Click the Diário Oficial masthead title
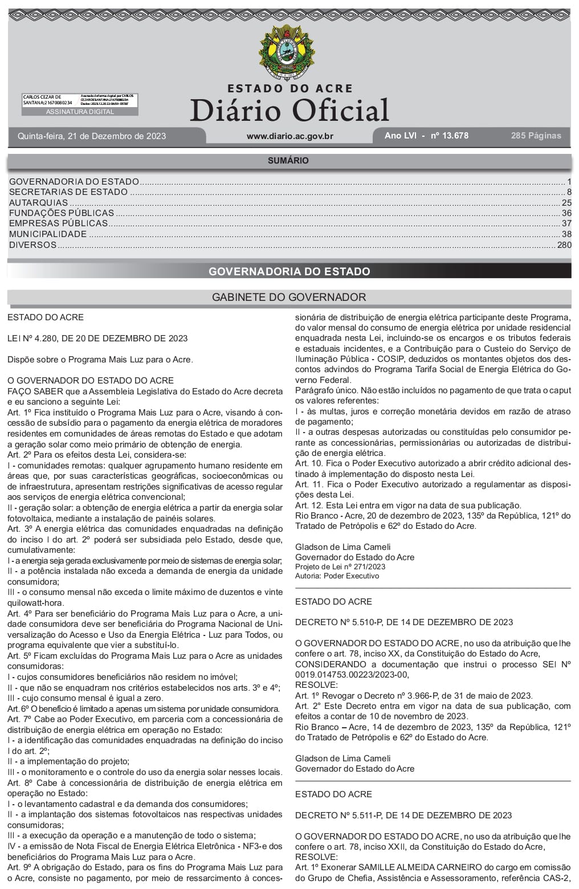click(289, 110)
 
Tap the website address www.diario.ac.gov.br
click(289, 136)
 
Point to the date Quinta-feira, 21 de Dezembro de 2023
click(92, 136)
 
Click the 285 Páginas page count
click(536, 136)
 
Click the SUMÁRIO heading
click(288, 161)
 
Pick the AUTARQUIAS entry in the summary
click(39, 203)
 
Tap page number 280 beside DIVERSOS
click(564, 245)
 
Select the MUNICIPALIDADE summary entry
click(48, 234)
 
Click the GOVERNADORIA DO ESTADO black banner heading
click(289, 271)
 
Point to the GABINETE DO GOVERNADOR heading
click(289, 297)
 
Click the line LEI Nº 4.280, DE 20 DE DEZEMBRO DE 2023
click(97, 339)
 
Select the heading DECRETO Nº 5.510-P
click(403, 622)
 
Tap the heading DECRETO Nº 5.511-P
click(403, 815)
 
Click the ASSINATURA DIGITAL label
click(80, 112)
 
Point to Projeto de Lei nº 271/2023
click(340, 567)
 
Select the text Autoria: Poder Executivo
click(337, 576)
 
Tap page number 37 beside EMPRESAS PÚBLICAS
click(566, 224)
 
